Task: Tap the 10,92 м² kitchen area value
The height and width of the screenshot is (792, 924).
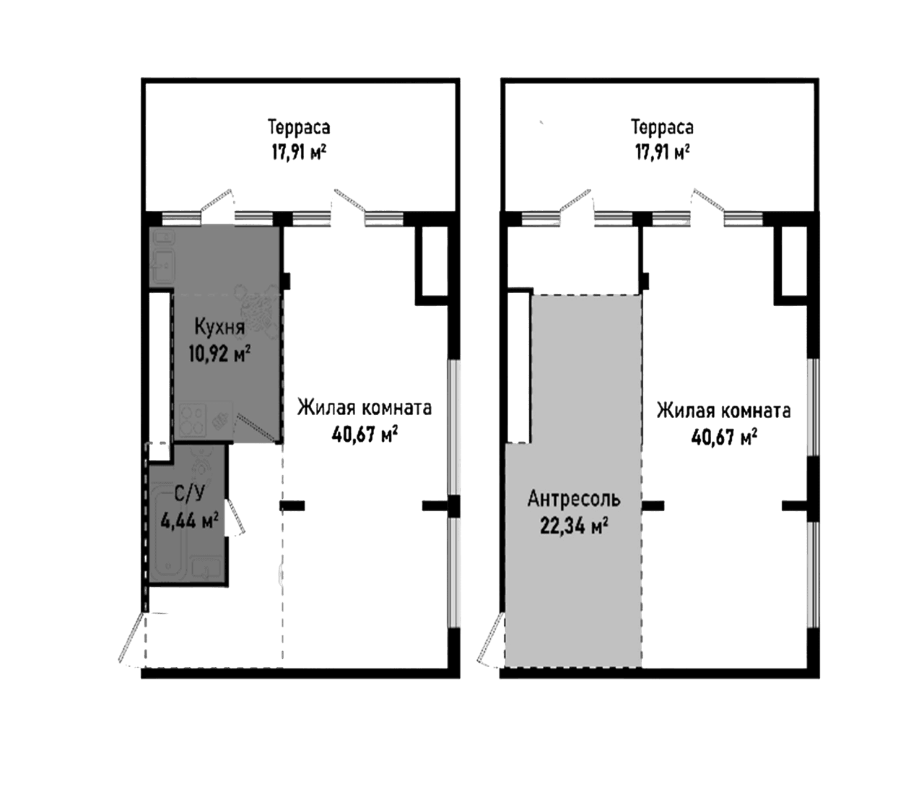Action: [x=219, y=354]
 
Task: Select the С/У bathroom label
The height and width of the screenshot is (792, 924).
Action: [x=190, y=495]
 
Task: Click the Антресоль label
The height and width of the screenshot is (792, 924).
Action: [x=574, y=499]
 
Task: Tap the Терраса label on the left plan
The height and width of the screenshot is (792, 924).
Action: [x=299, y=128]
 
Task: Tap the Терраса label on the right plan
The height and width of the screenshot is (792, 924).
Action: [x=662, y=128]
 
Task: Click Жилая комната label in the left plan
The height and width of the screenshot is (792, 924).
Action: [x=365, y=408]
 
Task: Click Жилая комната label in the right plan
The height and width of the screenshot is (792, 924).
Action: [x=723, y=411]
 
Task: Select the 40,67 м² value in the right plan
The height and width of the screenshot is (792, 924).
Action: [x=723, y=437]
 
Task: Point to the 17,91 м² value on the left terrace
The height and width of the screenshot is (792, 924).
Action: [x=299, y=152]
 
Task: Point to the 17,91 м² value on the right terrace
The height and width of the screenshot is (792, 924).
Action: [x=662, y=152]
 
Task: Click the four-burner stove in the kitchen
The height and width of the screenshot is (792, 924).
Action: [x=193, y=420]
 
